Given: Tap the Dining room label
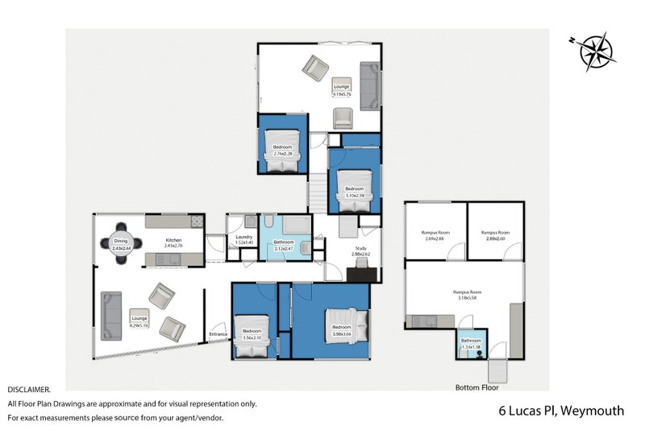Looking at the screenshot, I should coord(121,243).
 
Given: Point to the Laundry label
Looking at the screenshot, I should coord(243,239).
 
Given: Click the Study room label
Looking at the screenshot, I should coord(360,250).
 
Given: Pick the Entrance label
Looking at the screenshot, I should coord(218,333).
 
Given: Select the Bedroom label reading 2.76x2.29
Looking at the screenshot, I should coord(282,150).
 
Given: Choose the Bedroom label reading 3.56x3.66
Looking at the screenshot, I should coord(340,329).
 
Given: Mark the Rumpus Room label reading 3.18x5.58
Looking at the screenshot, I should coord(466,295).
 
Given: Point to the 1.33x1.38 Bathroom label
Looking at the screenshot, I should coord(471,342).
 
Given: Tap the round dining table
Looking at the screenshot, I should coord(121,242).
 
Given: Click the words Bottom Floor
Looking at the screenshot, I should coord(476,387).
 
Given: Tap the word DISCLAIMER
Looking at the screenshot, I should coord(29,389).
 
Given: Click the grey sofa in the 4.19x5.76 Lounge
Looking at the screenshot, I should coord(370,85).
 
